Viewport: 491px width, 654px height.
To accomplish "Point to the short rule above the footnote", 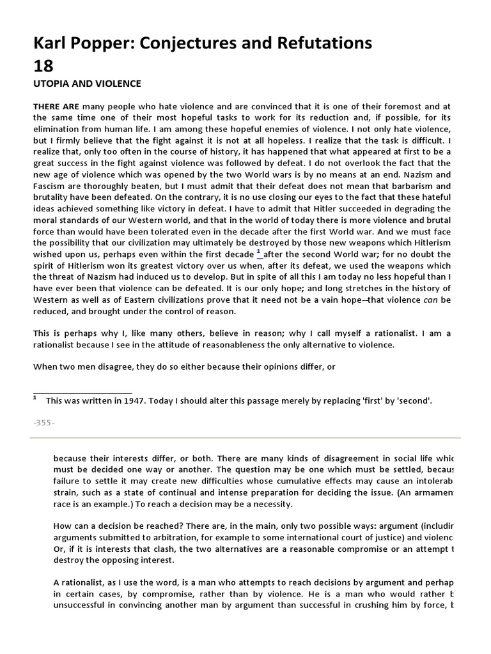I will [x=82, y=393].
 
